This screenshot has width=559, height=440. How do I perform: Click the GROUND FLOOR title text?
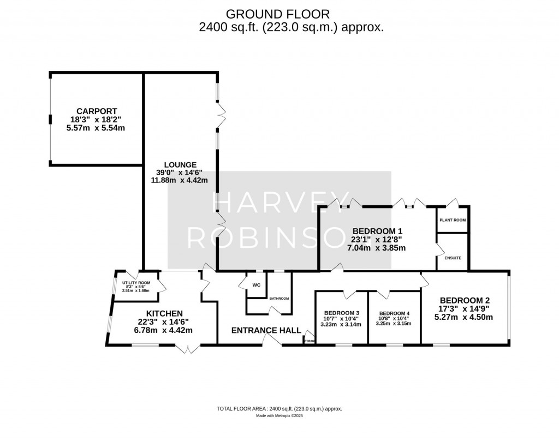279,13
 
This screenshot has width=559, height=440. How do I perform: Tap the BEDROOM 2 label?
465,300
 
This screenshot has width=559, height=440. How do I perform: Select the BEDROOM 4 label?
393,312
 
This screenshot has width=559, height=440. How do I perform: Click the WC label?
257,285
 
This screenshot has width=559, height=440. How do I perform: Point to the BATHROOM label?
279,299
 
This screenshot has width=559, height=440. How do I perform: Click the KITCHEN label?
164,313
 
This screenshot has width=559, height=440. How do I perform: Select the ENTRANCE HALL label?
266,330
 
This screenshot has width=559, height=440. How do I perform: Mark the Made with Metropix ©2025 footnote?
279,415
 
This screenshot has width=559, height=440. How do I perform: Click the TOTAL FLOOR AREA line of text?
279,408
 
